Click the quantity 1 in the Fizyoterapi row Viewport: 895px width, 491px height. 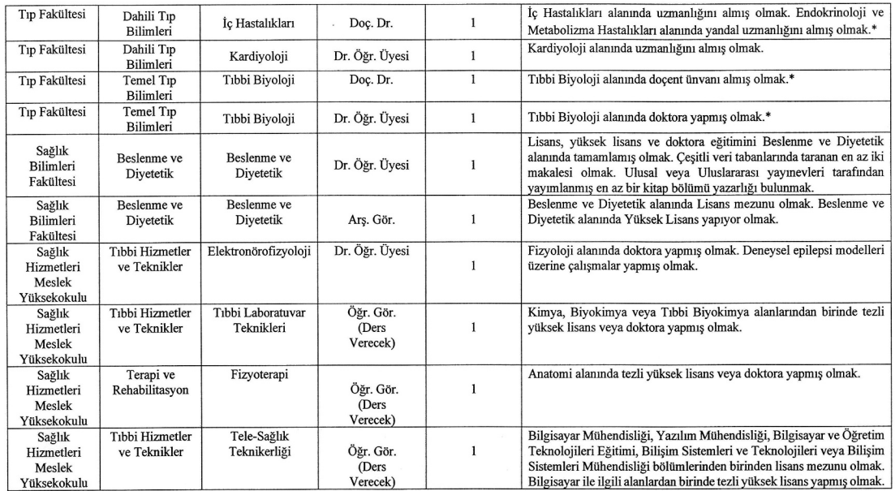click(472, 390)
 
